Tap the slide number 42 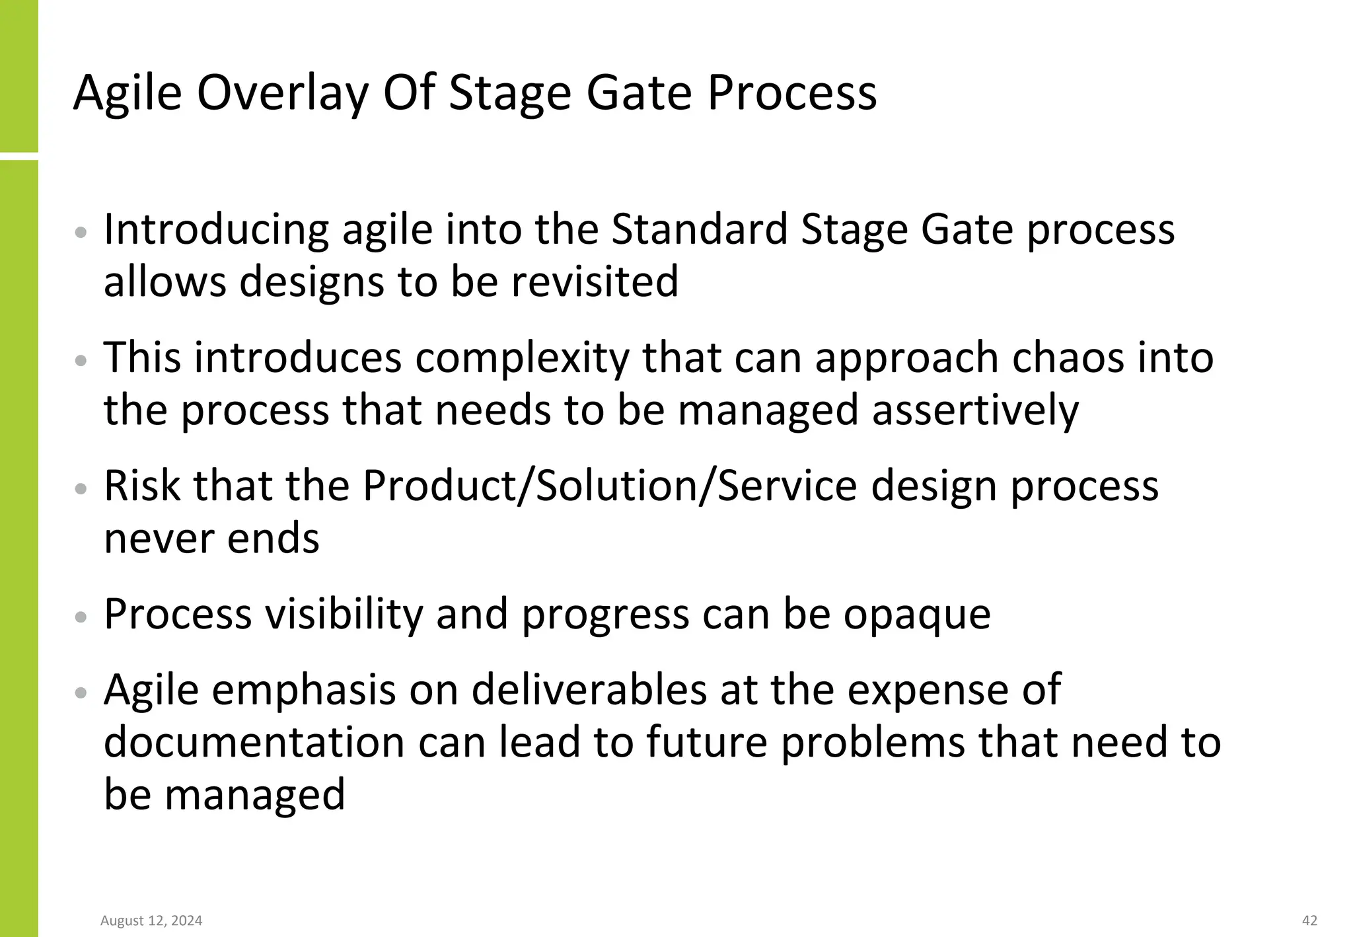click(1309, 920)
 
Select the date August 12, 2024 click(151, 920)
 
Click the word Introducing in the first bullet click(216, 230)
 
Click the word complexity click(523, 358)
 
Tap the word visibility click(344, 615)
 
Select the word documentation click(254, 742)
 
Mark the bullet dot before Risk click(81, 489)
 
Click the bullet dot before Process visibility click(81, 617)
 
